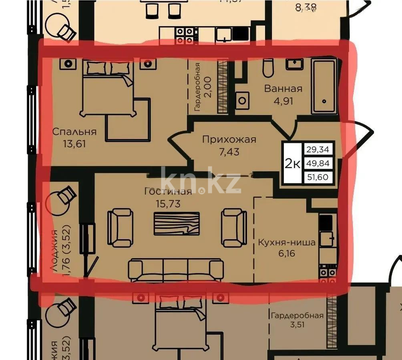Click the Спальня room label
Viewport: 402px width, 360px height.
[75, 132]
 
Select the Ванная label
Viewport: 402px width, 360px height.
[283, 89]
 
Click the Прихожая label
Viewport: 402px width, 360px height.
[229, 140]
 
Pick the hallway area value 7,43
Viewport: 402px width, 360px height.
[229, 152]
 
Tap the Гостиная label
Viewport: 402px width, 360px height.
[168, 191]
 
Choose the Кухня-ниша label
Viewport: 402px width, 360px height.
[287, 242]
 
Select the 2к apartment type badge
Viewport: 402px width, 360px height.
[292, 164]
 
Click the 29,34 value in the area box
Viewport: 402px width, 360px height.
[318, 150]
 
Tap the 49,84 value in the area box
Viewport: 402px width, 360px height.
[318, 163]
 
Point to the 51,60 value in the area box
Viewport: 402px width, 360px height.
[318, 176]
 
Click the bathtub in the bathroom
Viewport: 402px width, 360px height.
[324, 86]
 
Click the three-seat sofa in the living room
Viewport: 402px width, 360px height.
[176, 270]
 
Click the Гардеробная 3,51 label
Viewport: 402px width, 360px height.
[297, 319]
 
